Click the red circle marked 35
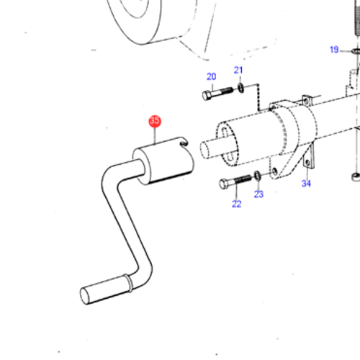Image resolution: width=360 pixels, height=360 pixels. point(155,121)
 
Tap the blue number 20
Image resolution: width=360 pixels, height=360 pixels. point(211,76)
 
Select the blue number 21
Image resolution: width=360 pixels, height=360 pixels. point(238,70)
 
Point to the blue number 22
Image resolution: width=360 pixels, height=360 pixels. point(236,204)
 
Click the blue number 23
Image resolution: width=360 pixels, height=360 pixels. point(259,194)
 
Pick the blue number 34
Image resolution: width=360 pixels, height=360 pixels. point(305,184)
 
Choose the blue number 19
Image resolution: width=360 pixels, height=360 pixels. point(334,49)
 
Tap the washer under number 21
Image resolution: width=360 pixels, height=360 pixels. point(239,90)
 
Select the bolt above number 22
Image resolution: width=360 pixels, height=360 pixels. point(235,182)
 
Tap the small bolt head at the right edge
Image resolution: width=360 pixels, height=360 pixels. point(353,176)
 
